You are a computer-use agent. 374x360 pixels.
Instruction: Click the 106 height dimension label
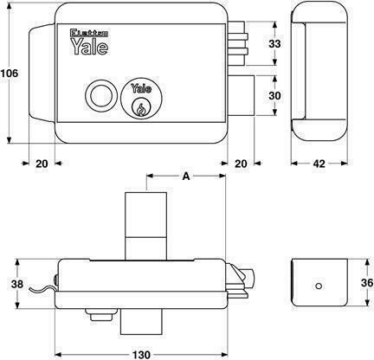[10, 74]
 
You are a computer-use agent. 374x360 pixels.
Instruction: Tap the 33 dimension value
[274, 44]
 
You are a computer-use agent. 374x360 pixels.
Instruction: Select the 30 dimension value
[274, 95]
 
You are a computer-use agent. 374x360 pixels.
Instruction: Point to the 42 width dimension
[319, 164]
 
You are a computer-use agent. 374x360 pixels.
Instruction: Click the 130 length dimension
[141, 355]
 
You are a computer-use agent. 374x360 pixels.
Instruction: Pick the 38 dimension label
[17, 284]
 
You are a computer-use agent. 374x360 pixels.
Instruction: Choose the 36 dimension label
[367, 283]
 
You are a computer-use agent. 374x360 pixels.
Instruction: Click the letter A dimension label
[186, 176]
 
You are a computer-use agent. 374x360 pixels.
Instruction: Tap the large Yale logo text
[89, 46]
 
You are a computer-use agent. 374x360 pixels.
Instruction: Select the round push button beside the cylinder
[101, 96]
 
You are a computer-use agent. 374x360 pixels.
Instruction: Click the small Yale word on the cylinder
[141, 88]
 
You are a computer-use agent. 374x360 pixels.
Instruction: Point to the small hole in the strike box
[319, 286]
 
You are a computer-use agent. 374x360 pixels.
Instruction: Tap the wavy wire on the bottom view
[42, 290]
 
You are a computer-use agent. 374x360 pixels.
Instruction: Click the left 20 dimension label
[42, 164]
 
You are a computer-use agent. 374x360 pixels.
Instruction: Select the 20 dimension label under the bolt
[241, 164]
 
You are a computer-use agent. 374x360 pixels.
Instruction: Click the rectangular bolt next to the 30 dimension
[242, 95]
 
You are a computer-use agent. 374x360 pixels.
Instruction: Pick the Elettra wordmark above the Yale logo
[89, 33]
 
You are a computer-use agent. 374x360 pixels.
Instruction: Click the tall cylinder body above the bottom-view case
[145, 226]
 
